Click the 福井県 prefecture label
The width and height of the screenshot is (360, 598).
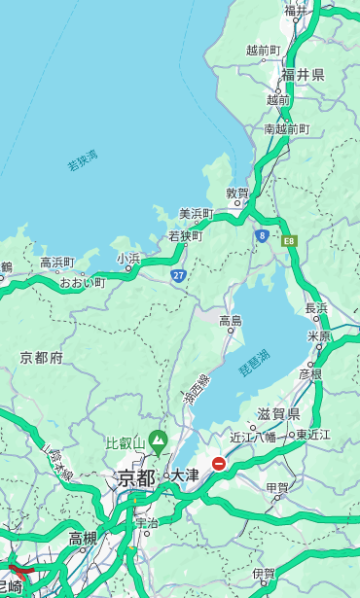[x=303, y=74]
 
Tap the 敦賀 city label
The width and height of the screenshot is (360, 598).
[x=237, y=193]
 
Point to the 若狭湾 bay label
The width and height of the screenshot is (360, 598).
[x=83, y=160]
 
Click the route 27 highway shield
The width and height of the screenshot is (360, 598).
[x=179, y=275]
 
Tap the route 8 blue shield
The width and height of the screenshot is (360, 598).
[x=262, y=235]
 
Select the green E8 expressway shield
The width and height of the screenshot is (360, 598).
[x=288, y=239]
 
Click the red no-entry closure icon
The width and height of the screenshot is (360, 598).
[x=219, y=464]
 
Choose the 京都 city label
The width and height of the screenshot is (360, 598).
[x=135, y=477]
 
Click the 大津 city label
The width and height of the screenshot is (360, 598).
[x=184, y=475]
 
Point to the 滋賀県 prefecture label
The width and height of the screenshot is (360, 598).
[x=278, y=414]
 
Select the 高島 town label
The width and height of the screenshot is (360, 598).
[x=231, y=321]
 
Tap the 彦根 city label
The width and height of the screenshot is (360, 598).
[x=309, y=373]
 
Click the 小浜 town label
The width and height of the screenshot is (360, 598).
[x=128, y=259]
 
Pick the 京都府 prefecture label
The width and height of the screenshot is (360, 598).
[x=42, y=358]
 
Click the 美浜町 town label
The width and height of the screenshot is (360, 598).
[x=196, y=214]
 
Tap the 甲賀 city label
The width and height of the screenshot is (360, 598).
[x=277, y=488]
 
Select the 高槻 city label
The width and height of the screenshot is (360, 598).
[x=83, y=538]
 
